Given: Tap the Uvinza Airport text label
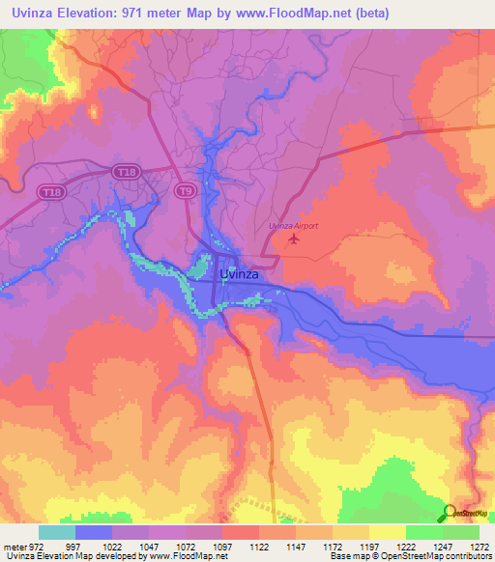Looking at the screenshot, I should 293,226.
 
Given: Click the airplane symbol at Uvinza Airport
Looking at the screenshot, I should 294,239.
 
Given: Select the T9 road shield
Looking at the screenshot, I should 185,192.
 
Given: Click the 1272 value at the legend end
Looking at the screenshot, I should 478,546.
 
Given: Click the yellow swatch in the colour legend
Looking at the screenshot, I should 387,532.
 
